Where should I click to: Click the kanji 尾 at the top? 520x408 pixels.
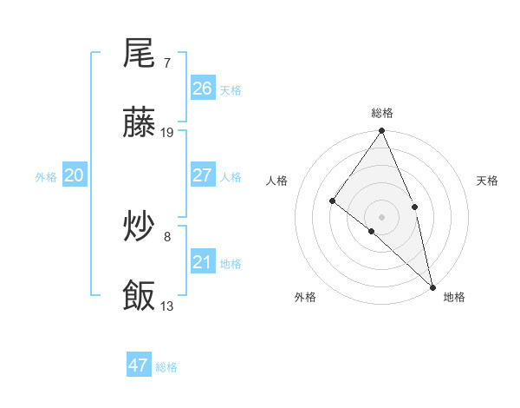139,55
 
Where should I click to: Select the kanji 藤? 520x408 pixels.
139,125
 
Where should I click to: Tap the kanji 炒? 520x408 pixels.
139,228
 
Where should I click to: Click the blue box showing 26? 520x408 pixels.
202,89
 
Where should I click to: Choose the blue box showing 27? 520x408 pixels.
202,175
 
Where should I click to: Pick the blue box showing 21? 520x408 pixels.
202,262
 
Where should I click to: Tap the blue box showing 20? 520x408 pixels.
74,175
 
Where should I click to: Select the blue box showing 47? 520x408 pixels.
138,365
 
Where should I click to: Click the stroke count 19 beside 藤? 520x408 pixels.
167,133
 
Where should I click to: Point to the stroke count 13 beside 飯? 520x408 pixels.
167,306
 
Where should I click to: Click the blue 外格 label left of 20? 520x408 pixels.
46,177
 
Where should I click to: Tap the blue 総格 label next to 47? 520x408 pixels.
166,367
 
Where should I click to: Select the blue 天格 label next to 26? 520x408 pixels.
231,90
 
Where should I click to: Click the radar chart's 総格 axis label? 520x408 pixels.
382,113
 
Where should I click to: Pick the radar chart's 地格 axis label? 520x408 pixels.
454,297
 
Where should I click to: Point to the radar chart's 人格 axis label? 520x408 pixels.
277,181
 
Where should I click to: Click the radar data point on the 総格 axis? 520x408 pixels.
382,132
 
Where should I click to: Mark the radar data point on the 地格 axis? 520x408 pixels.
432,286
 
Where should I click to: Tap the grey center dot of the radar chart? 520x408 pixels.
382,216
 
